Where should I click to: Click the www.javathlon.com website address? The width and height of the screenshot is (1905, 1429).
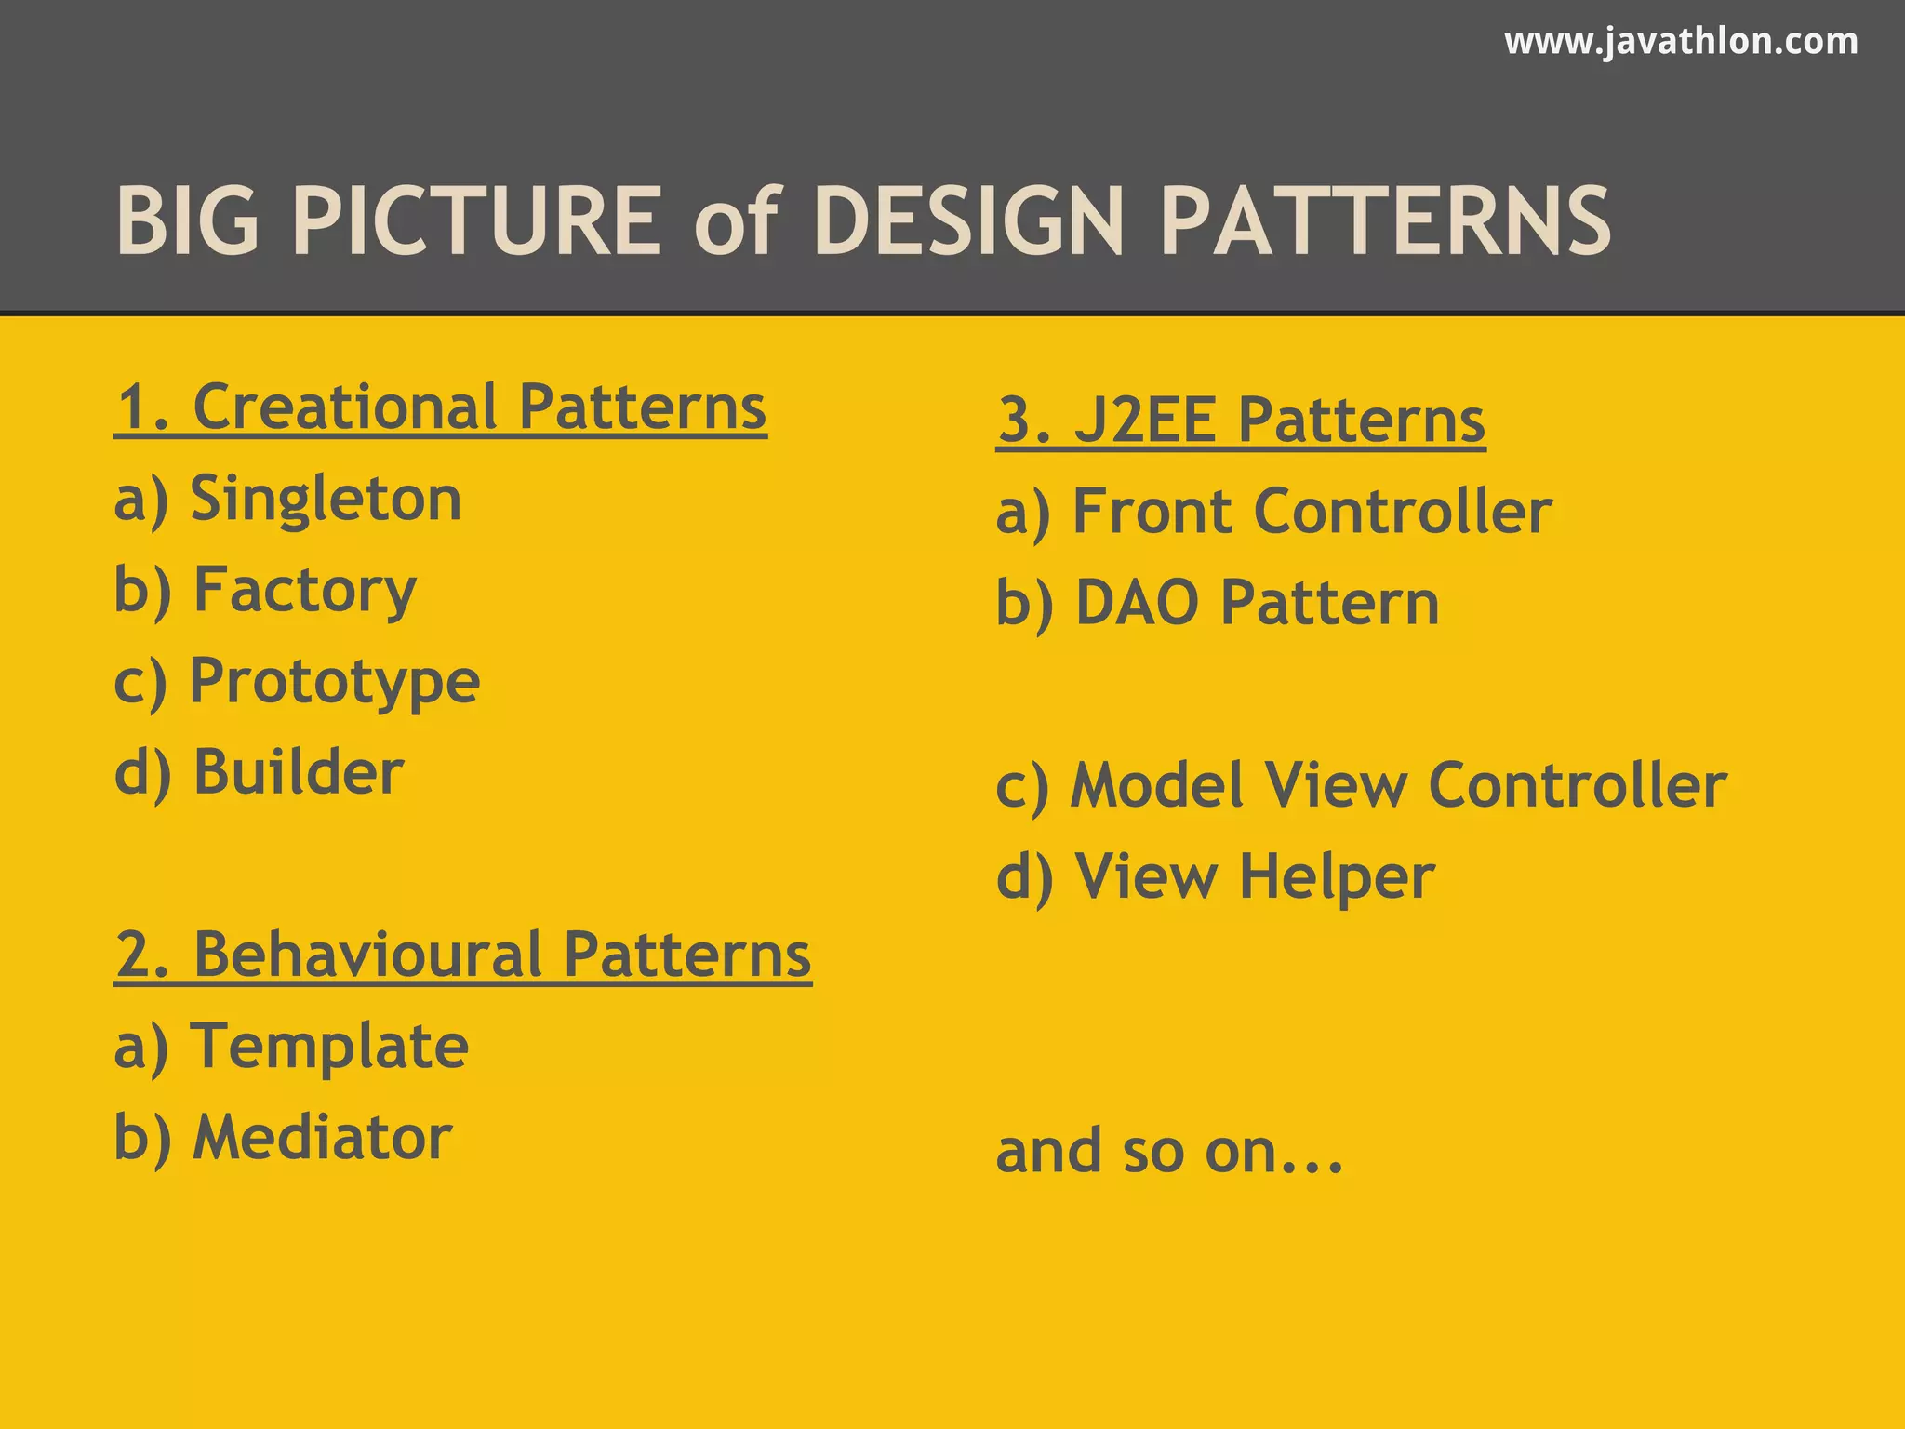tap(1681, 42)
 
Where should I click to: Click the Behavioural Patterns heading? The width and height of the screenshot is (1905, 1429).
tap(462, 955)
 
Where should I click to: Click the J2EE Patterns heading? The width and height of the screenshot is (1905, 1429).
tap(1241, 421)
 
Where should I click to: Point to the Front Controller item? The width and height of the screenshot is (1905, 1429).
tap(1273, 512)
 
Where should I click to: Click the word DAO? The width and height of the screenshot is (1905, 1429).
tap(1137, 603)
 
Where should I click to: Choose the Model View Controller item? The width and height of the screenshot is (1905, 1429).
tap(1361, 785)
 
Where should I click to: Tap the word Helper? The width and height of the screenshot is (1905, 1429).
tap(1337, 878)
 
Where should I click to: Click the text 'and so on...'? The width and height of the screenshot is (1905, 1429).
tap(1169, 1152)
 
